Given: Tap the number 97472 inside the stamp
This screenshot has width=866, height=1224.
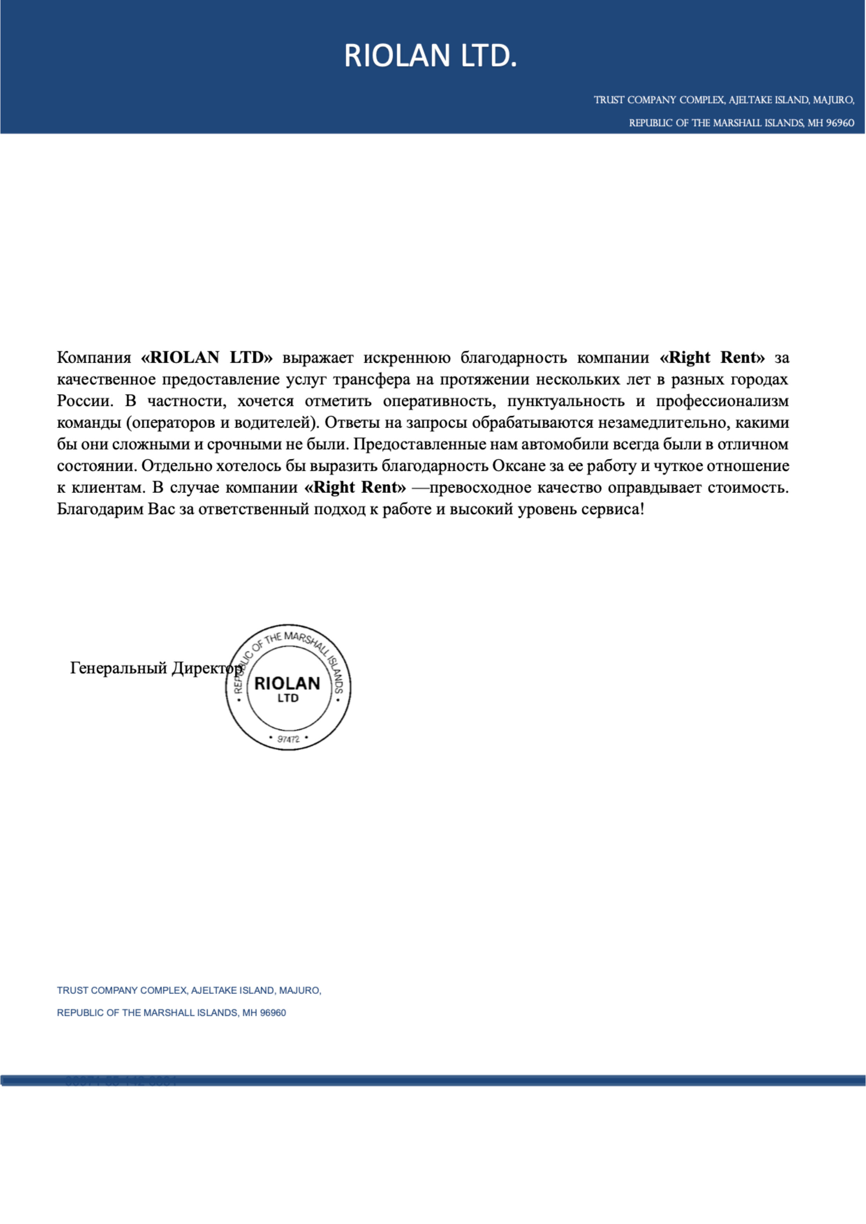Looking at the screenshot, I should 288,739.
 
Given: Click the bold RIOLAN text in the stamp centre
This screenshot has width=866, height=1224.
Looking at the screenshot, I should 287,683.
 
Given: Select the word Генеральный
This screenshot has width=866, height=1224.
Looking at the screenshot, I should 118,668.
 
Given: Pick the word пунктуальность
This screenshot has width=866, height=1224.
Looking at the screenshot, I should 565,401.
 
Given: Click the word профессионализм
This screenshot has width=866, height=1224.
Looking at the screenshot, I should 722,401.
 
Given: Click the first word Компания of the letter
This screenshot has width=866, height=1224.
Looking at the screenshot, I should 94,358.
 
